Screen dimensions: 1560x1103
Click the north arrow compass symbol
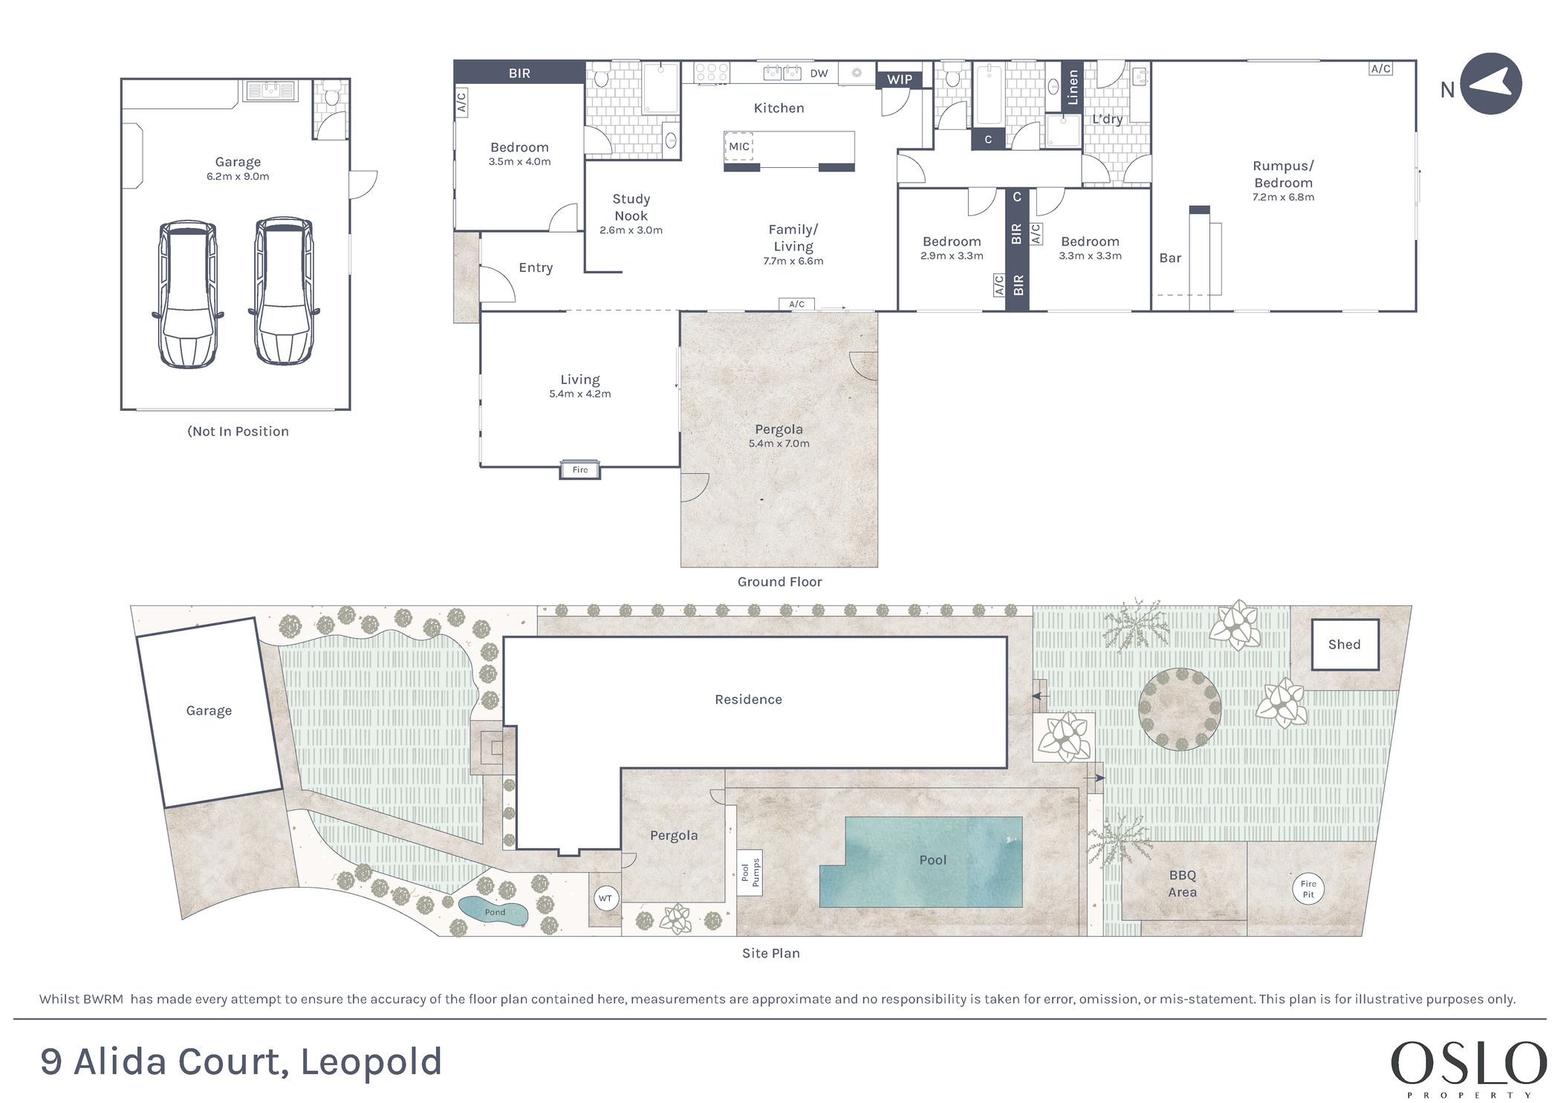point(1491,83)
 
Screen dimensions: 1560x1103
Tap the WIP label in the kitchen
point(900,79)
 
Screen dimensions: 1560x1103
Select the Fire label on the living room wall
point(580,469)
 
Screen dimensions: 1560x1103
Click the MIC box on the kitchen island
point(739,147)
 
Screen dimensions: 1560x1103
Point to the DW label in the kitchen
point(819,73)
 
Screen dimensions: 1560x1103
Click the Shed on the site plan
point(1345,645)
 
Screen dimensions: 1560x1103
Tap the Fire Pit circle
point(1308,888)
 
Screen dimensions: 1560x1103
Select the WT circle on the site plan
point(605,899)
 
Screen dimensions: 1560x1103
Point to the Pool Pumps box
point(750,873)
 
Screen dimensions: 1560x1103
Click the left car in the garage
point(188,293)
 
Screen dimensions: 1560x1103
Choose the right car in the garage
point(284,291)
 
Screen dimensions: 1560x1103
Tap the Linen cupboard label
point(1072,87)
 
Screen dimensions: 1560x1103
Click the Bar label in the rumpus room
point(1170,258)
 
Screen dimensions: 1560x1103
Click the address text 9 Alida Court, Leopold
point(241,1061)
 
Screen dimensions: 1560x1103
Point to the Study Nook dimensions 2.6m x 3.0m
point(631,230)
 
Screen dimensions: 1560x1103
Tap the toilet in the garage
point(331,96)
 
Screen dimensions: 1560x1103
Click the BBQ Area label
point(1183,884)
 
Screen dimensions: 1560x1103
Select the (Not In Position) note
point(238,432)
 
